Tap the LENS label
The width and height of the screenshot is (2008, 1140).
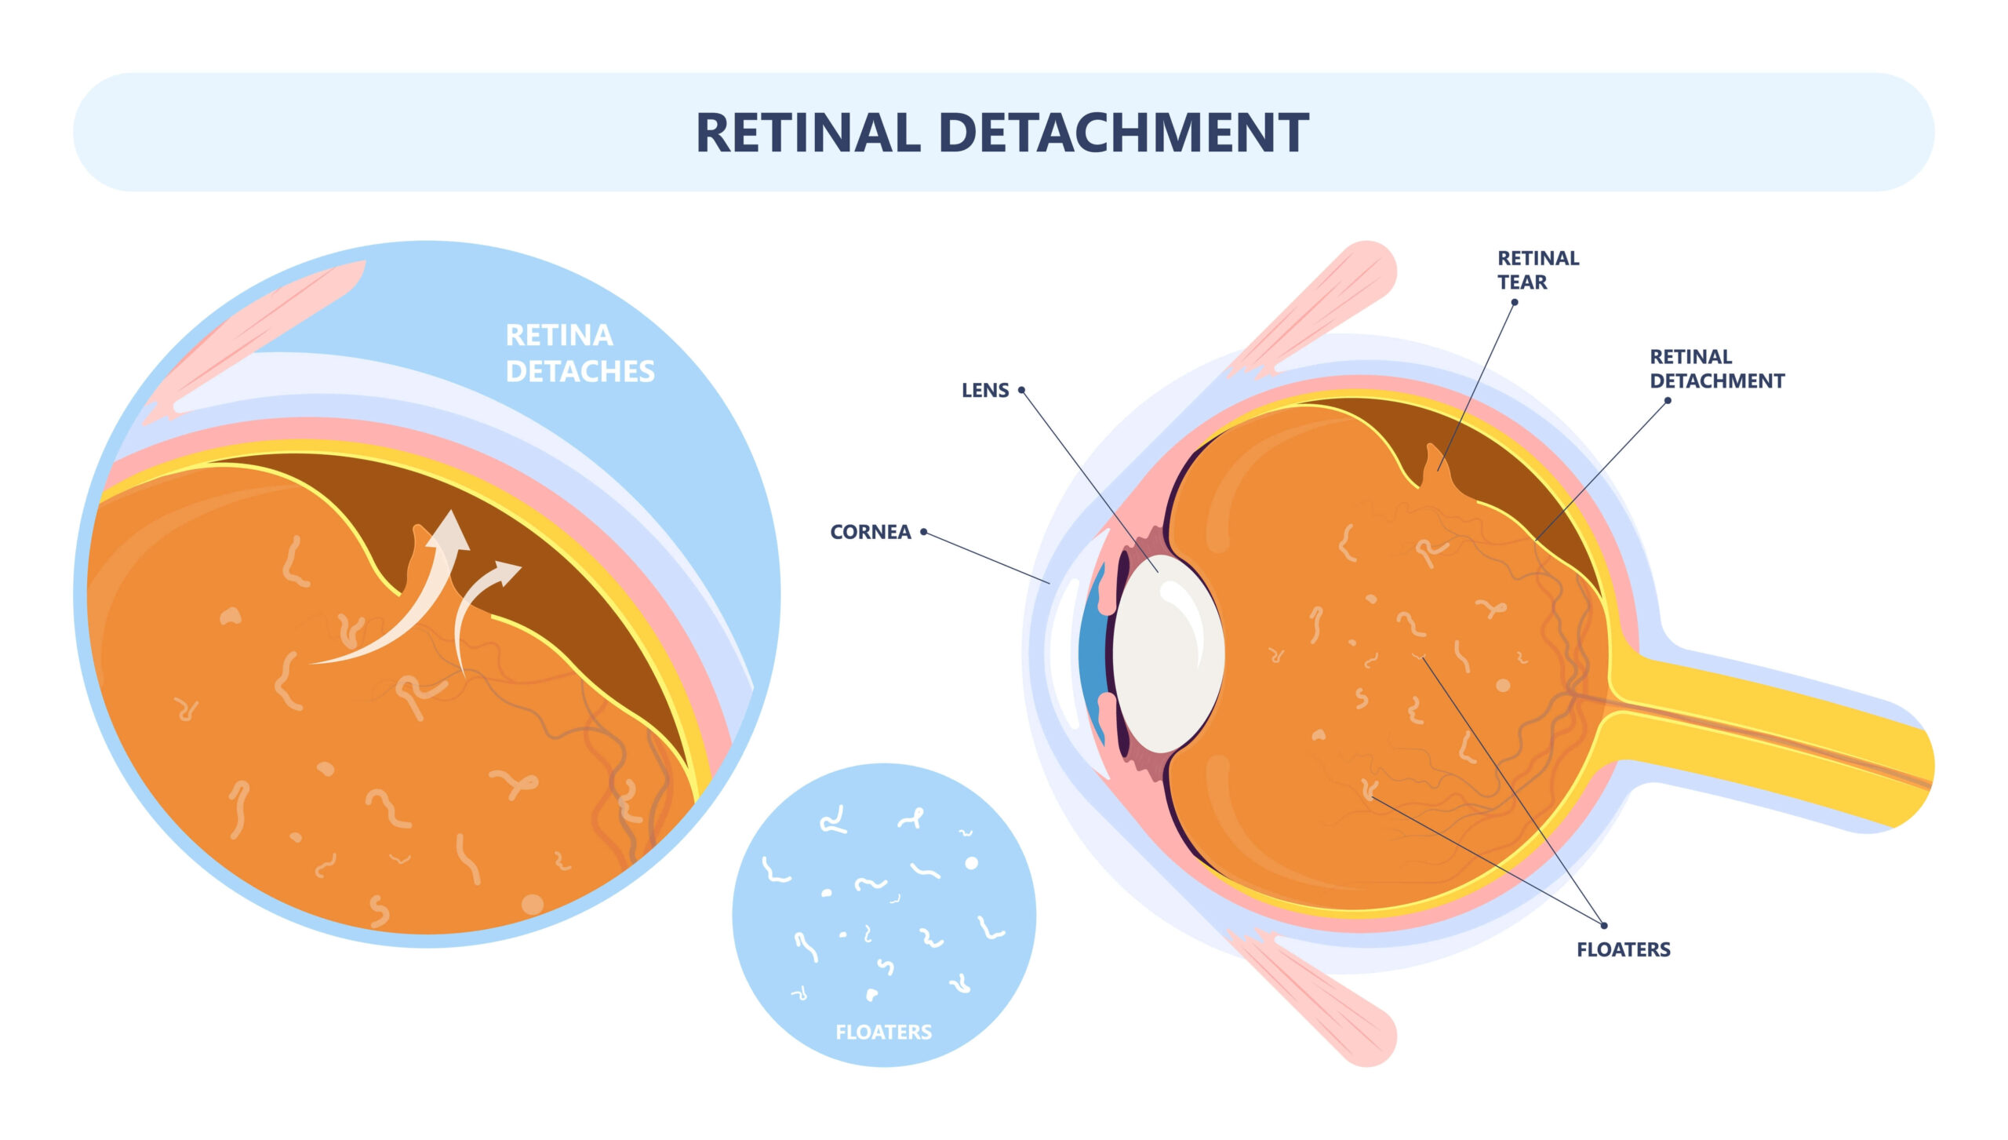coord(984,390)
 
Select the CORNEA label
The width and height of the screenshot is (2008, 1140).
coord(870,532)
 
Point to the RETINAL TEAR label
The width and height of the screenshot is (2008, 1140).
coord(1537,269)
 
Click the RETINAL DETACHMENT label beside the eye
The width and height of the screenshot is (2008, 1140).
coord(1716,369)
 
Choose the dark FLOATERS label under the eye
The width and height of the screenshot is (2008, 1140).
coord(1623,949)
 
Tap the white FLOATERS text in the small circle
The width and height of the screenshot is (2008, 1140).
coord(883,1032)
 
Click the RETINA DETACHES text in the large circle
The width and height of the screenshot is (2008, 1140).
coord(579,353)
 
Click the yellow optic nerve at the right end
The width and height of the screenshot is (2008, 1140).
coord(1804,738)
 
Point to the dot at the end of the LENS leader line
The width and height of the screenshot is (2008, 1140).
coord(1021,390)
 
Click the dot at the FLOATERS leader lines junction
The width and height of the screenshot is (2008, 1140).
coord(1604,926)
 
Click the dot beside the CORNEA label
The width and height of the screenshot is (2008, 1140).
coord(924,532)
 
